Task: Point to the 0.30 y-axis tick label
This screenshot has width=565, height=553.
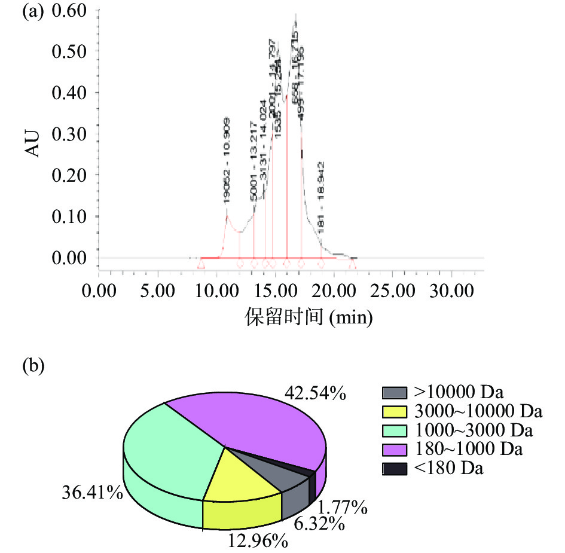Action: point(69,135)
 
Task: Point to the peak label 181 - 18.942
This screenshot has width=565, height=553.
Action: point(322,198)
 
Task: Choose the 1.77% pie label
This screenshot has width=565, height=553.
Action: point(342,509)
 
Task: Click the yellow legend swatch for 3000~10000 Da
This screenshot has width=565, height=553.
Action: point(394,412)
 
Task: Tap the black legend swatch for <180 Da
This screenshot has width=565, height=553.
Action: point(394,469)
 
